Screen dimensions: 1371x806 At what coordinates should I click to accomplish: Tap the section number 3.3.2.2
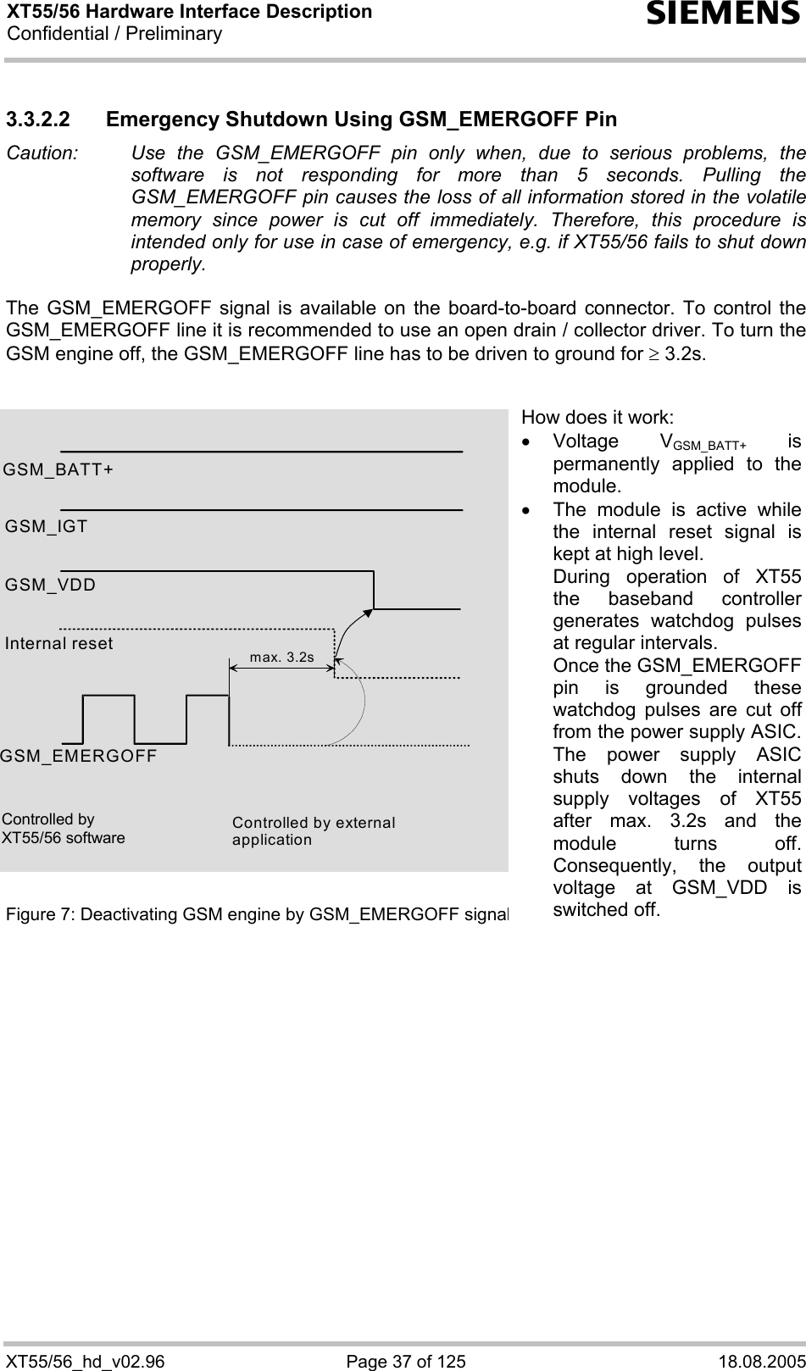50,119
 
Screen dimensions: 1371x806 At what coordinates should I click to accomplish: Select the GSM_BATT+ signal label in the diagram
58,469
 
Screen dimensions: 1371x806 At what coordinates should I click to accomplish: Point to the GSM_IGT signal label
47,526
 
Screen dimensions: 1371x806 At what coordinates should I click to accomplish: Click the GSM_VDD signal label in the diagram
51,585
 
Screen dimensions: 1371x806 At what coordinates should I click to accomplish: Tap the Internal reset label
59,643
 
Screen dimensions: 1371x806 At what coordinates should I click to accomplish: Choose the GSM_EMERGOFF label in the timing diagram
79,756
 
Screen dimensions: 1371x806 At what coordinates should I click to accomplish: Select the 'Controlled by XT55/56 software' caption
64,829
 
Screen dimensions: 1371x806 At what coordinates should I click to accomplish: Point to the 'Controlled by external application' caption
314,831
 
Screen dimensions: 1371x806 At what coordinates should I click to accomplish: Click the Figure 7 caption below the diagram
257,891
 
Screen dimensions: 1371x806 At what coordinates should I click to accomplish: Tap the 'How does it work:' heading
598,417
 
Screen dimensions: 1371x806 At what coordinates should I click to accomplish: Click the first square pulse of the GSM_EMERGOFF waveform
108,719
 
